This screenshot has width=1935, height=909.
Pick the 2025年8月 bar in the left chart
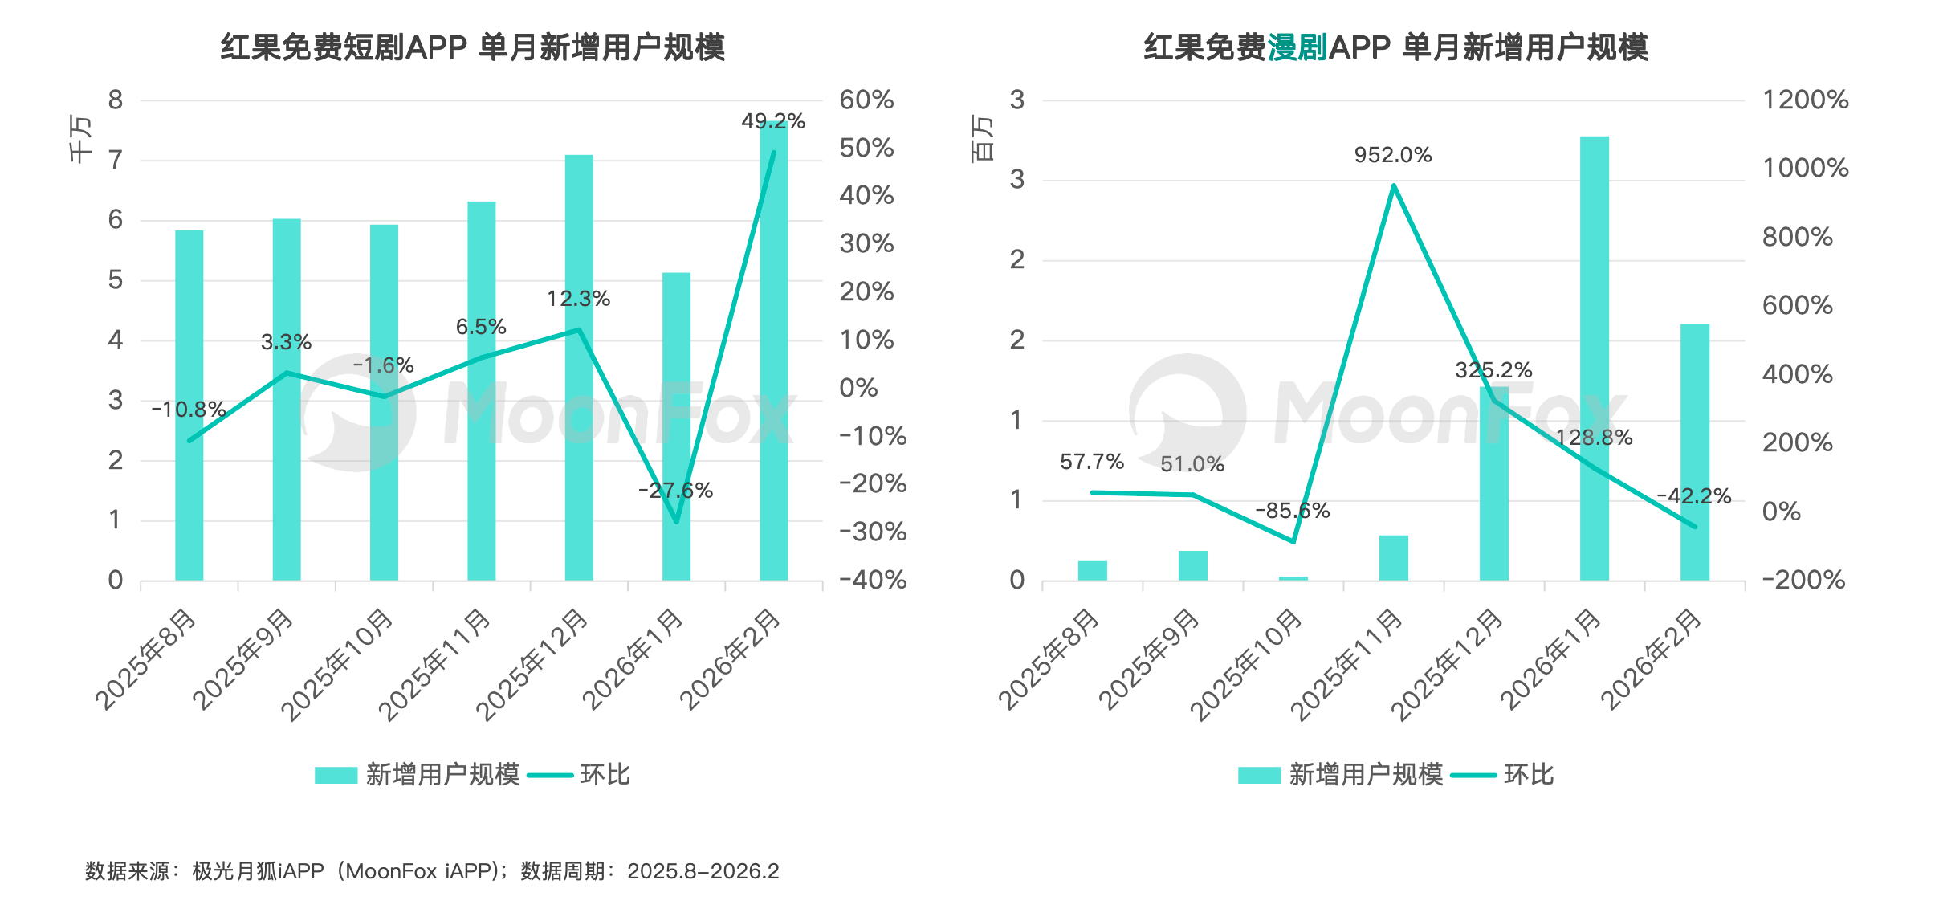(189, 405)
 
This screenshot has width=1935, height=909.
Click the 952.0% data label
(1392, 155)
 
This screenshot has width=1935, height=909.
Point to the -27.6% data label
(675, 491)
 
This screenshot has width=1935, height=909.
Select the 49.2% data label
(772, 121)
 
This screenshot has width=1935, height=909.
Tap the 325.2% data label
(1493, 370)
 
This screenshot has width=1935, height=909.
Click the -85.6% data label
(1292, 511)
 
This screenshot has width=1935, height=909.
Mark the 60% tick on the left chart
(866, 100)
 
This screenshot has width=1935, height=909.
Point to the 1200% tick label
(1805, 100)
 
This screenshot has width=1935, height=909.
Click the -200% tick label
(1803, 580)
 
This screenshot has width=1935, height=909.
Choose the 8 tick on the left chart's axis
(116, 100)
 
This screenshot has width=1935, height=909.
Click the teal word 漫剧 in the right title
(1297, 48)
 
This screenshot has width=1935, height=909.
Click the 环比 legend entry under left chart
(605, 775)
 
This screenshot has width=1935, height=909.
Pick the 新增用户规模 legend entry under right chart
(1365, 775)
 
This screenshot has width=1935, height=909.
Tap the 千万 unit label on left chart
(81, 138)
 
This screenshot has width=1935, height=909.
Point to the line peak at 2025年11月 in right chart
(1393, 185)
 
